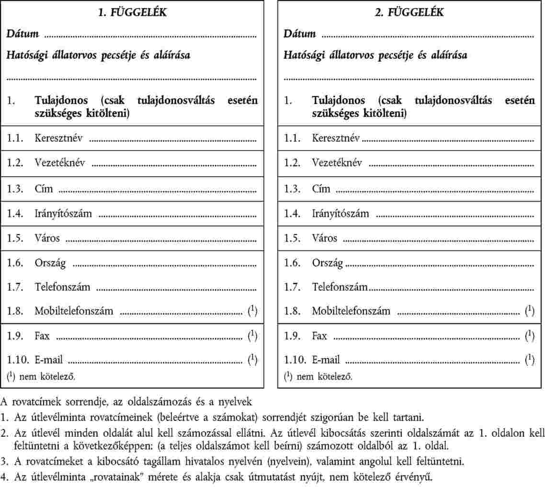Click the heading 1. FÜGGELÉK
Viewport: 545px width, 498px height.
[x=132, y=13]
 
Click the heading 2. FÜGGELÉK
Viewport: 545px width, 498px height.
[x=409, y=13]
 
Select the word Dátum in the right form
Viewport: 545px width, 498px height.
[x=300, y=34]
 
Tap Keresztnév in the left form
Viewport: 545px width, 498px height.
[x=59, y=139]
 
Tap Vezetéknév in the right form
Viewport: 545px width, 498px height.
[x=337, y=163]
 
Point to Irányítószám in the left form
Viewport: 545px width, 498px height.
[x=63, y=213]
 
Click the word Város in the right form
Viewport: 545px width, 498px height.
[x=325, y=238]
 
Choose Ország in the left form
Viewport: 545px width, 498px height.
[x=50, y=263]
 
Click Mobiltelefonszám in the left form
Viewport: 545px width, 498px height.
[x=74, y=311]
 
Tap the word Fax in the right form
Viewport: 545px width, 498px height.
[x=319, y=336]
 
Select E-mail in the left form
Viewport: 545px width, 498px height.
[x=48, y=360]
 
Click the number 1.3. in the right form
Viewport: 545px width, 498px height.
[x=292, y=189]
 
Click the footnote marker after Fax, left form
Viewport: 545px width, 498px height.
[x=252, y=336]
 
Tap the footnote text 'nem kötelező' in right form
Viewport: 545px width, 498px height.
[x=325, y=377]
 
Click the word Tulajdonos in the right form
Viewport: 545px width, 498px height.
[x=339, y=101]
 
